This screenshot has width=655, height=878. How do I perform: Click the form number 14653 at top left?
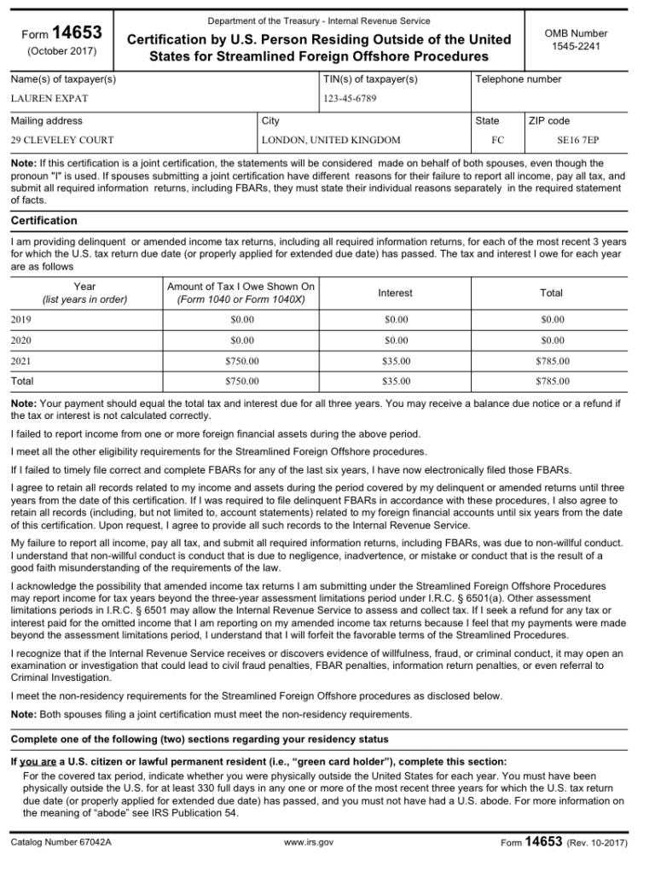(77, 33)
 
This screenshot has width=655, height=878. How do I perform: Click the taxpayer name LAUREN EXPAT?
(49, 98)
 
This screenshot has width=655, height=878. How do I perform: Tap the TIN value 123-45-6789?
(350, 98)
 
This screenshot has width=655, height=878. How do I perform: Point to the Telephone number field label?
(519, 79)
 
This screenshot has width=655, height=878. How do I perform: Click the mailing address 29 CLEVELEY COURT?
(62, 140)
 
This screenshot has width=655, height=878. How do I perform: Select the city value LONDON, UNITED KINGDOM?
(331, 140)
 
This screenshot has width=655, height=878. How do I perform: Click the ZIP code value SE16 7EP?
(577, 140)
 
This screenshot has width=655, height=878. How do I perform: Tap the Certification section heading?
(43, 220)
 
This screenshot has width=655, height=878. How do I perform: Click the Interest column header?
(395, 293)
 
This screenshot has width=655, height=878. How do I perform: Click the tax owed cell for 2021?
(241, 361)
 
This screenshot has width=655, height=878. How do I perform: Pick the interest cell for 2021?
(395, 361)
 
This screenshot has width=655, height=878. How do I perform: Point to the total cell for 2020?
(552, 340)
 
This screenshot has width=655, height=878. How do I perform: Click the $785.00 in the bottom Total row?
(552, 381)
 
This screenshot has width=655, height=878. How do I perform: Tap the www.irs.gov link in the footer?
(308, 843)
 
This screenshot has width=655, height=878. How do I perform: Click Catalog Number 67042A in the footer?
(61, 843)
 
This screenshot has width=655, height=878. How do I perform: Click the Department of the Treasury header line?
(319, 20)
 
